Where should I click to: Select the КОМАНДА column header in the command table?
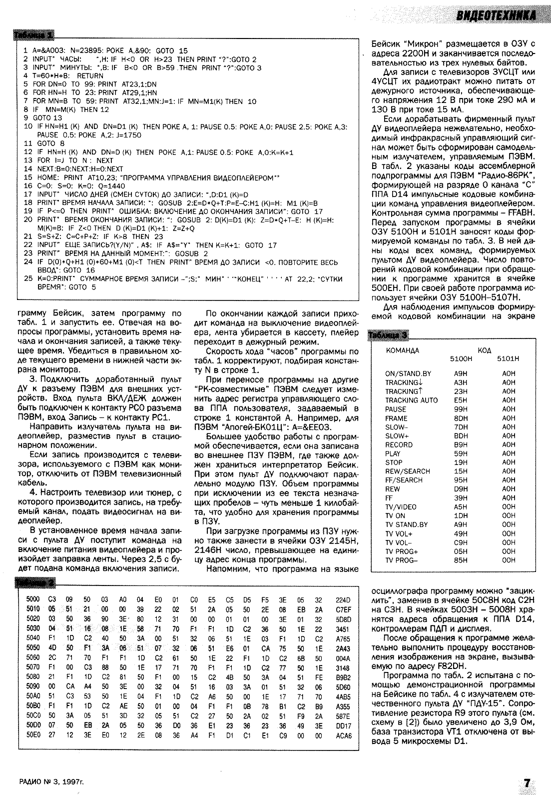pos(402,351)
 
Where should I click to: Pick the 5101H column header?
pos(508,359)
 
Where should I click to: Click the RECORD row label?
pos(399,444)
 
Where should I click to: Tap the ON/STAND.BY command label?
pos(408,373)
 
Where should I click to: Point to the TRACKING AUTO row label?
pos(411,400)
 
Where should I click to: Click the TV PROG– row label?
pos(401,560)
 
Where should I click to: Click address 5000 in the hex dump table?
pos(32,599)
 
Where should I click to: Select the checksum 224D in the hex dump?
pos(343,599)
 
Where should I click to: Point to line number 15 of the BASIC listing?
pos(27,177)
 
